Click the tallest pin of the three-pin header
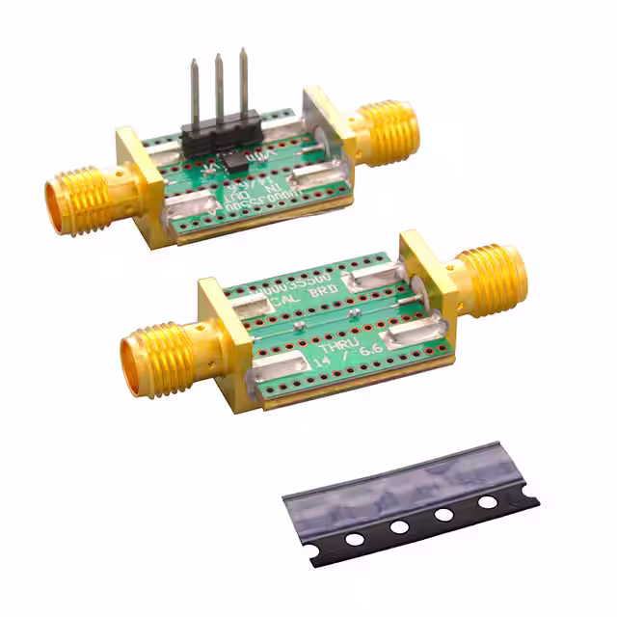[242, 82]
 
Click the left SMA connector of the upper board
[82, 201]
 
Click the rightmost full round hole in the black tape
[488, 502]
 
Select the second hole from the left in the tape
[398, 527]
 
